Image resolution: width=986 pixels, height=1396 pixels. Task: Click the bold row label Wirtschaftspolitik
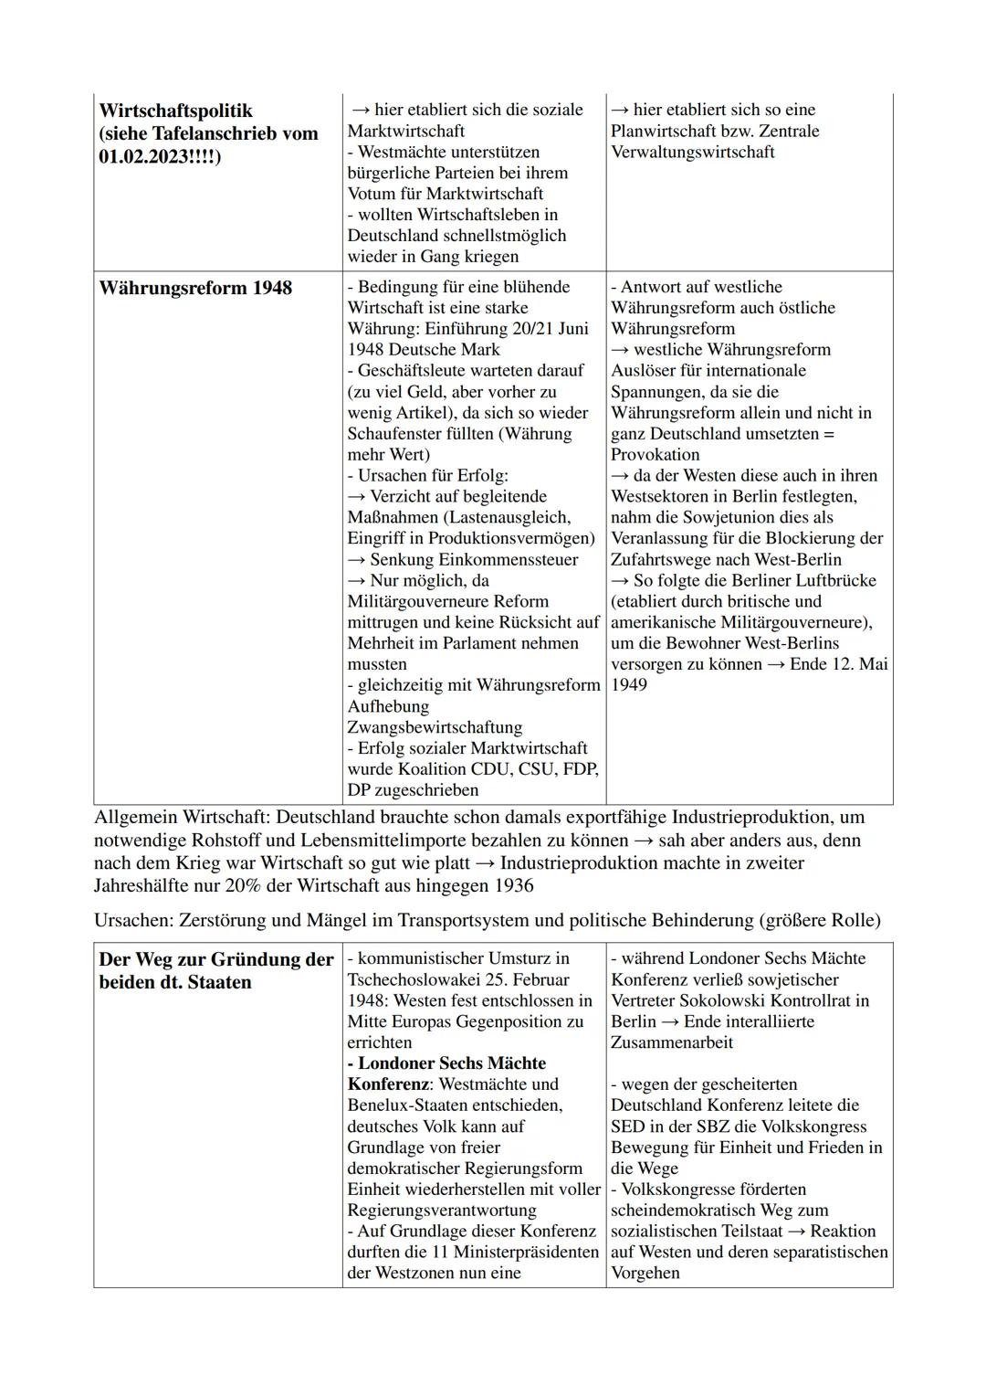pos(175,111)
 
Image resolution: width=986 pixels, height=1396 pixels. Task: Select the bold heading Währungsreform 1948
pos(195,288)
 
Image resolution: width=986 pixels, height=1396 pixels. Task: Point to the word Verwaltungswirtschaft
pos(693,152)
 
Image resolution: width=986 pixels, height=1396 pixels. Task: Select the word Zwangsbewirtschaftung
pos(435,727)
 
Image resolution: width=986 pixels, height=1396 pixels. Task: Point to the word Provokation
pos(656,454)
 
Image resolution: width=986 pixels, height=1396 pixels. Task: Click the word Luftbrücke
pos(833,580)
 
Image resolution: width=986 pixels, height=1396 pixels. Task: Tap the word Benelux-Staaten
pos(407,1105)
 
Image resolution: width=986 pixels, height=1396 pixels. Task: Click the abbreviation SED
pos(628,1126)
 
